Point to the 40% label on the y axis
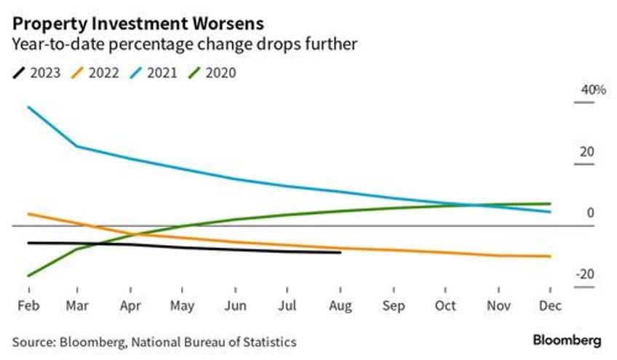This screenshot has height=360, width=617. pyautogui.click(x=592, y=90)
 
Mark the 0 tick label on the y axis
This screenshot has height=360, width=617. pyautogui.click(x=591, y=213)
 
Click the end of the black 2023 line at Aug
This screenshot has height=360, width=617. pyautogui.click(x=340, y=252)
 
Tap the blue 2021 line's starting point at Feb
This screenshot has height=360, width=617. pyautogui.click(x=28, y=107)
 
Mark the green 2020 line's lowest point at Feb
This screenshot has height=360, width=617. pyautogui.click(x=28, y=276)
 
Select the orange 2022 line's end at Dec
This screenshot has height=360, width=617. pyautogui.click(x=549, y=256)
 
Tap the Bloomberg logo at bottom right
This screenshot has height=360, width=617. pyautogui.click(x=567, y=340)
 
